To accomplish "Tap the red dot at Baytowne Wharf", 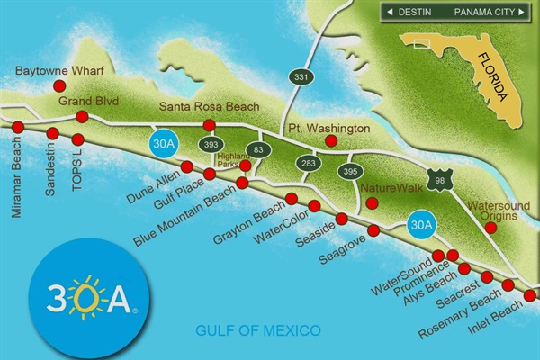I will [x=59, y=86].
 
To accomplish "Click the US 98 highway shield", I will [x=438, y=179].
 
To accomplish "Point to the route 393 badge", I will [x=212, y=144].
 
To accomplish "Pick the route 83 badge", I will [x=259, y=149].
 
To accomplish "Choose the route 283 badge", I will [x=309, y=163].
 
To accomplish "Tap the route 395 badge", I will [x=350, y=171].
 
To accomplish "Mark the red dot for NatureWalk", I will [x=372, y=204].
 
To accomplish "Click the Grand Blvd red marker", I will [x=82, y=117].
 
